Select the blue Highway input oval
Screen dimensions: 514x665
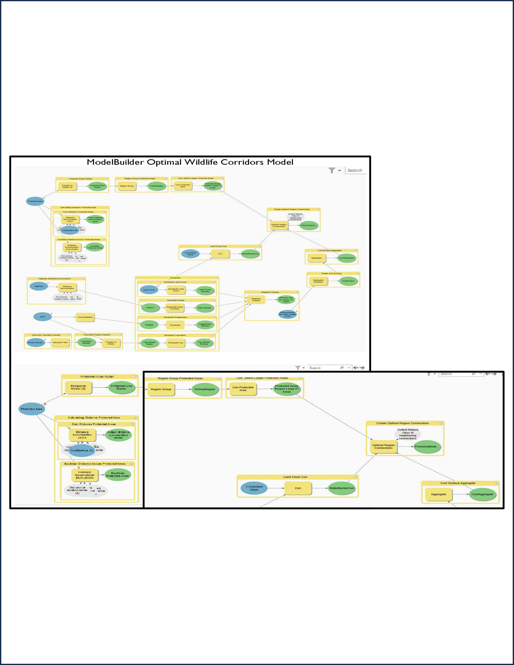pos(39,286)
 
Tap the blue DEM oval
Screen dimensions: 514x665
pos(42,317)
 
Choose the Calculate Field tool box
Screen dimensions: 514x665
pos(60,342)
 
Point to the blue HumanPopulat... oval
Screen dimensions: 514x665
pos(35,342)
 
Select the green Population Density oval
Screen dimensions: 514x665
pos(86,342)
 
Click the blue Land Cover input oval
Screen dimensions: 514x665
pos(149,290)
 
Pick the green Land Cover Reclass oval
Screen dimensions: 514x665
pos(205,290)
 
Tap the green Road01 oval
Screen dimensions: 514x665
pos(150,308)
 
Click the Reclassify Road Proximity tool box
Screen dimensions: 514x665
pos(175,308)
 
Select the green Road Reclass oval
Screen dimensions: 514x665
pos(205,308)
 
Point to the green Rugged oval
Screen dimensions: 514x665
pos(149,325)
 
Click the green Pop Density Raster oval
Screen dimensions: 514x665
pos(149,343)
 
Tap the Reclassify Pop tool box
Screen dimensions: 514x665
pos(176,343)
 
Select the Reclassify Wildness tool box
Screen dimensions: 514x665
pos(318,281)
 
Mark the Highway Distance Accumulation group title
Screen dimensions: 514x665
pos(54,279)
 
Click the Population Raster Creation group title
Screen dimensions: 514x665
pos(97,335)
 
